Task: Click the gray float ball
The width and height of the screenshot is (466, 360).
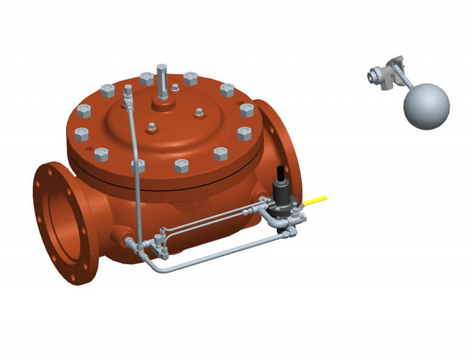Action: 427,106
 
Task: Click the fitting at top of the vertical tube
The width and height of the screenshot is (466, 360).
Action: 128,90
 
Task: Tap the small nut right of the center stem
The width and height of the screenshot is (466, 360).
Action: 198,112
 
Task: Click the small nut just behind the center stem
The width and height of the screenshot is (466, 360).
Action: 175,87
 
